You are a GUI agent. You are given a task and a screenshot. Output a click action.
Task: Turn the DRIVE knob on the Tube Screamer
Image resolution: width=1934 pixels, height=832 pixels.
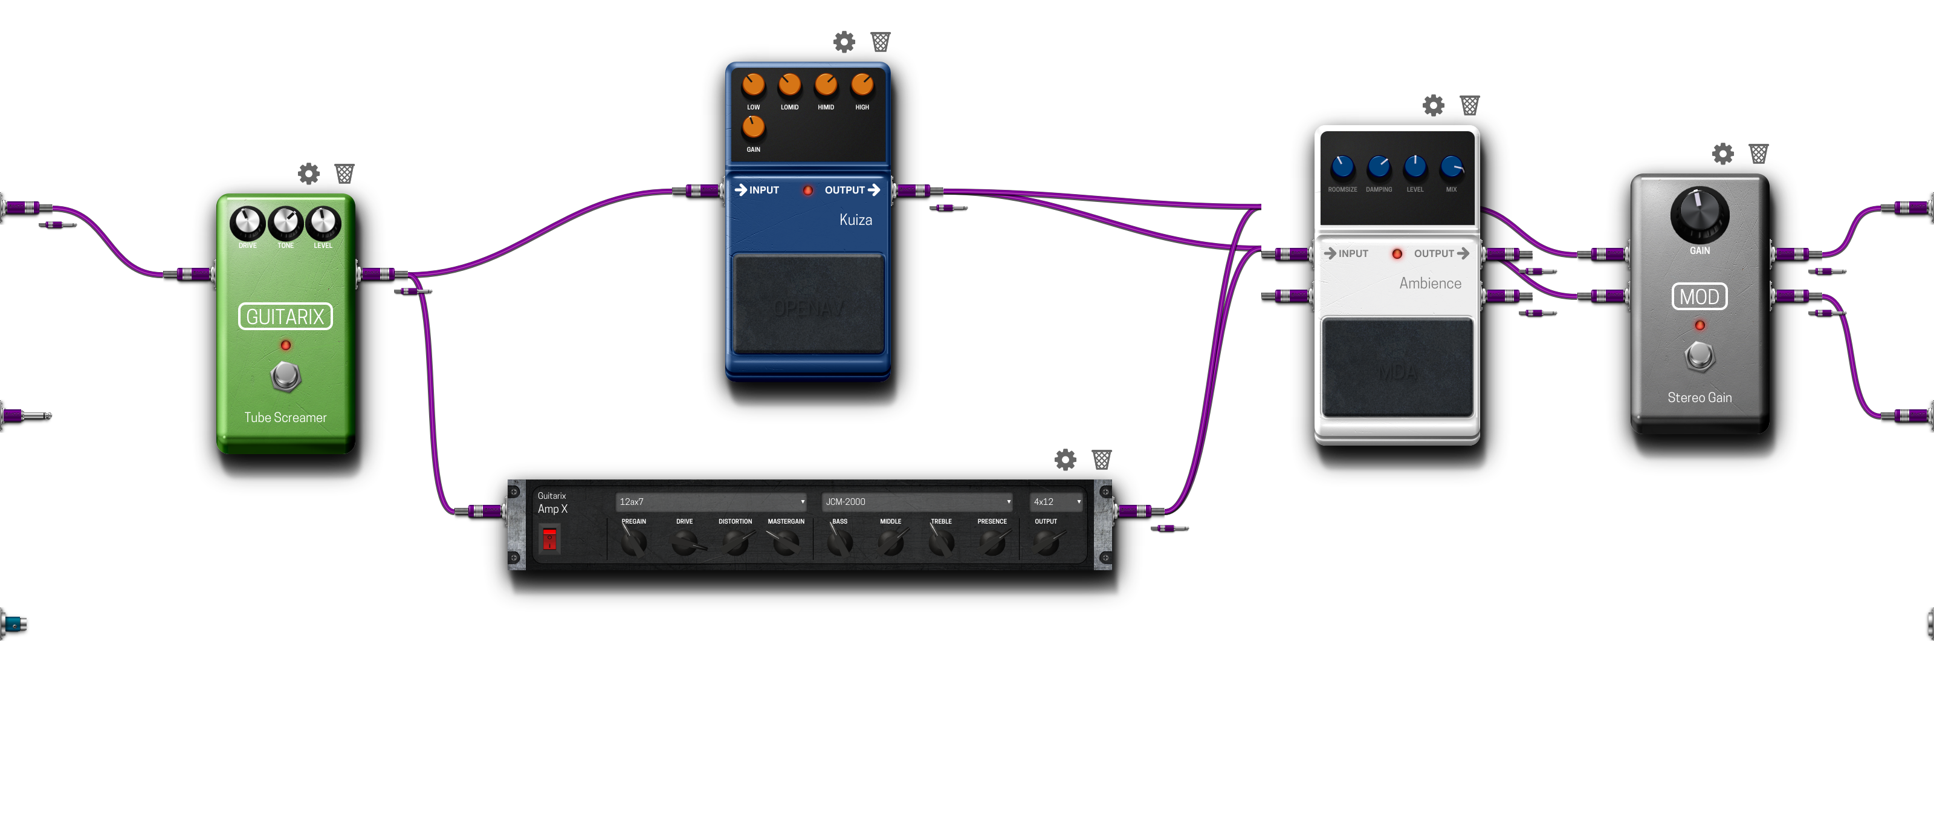(247, 223)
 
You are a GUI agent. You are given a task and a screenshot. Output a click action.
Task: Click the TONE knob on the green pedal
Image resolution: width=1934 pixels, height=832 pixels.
(285, 223)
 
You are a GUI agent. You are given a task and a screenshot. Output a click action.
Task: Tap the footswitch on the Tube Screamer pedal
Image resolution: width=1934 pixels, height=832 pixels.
(285, 376)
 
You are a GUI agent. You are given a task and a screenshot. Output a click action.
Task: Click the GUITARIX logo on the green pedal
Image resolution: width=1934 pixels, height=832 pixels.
(285, 317)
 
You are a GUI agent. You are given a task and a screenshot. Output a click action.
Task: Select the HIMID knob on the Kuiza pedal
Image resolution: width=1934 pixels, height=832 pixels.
(826, 85)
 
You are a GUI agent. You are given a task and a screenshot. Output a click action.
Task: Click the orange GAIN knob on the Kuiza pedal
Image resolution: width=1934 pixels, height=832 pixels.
(753, 127)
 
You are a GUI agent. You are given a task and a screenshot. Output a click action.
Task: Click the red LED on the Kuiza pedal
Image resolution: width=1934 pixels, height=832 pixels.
(808, 190)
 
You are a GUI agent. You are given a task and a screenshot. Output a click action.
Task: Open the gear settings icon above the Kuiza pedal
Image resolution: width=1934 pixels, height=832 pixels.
(844, 42)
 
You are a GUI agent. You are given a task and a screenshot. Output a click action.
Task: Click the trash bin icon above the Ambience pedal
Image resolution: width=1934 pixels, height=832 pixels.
(1469, 105)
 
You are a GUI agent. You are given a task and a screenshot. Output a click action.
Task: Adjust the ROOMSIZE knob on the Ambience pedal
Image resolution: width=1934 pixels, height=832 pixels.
(1342, 167)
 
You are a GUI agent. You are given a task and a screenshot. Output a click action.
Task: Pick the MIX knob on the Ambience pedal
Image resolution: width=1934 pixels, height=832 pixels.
(1451, 167)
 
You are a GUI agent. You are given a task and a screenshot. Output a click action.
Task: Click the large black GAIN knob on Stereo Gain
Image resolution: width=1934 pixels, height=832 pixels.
(1699, 215)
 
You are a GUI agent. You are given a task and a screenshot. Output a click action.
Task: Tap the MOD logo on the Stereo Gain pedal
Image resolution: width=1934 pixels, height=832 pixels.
(1699, 297)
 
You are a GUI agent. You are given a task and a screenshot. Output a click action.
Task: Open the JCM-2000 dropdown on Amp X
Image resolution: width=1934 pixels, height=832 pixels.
(917, 502)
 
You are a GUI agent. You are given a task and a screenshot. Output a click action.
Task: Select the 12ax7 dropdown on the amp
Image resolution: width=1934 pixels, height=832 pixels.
(711, 502)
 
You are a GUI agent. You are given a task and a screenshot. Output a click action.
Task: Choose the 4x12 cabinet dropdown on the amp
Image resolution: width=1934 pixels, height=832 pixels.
(1056, 502)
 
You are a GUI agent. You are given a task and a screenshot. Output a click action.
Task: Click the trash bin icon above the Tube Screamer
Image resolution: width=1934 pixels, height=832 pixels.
(344, 174)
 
